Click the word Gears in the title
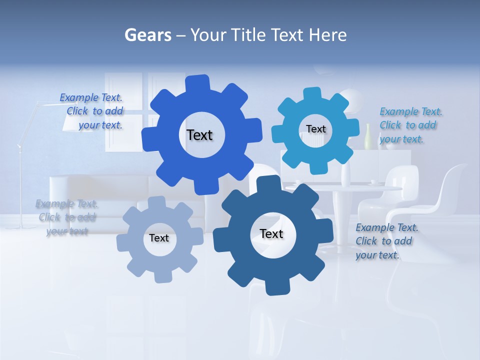147,35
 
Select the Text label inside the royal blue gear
199,135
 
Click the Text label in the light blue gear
315,129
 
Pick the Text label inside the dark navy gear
271,233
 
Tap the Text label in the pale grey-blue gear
159,238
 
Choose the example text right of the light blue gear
410,125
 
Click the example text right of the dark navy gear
386,241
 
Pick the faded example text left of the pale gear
66,217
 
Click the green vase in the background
368,137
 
